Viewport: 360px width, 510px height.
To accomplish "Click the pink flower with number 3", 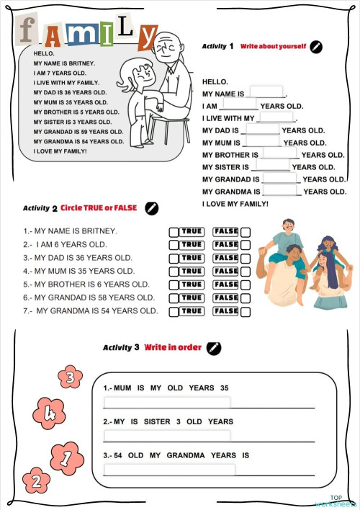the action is pos(70,376).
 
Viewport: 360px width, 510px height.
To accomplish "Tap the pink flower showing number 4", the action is pos(50,413).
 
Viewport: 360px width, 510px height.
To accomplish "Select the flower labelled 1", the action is pos(66,457).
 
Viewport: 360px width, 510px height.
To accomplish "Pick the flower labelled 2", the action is pos(36,480).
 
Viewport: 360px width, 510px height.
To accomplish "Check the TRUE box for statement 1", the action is pos(174,231).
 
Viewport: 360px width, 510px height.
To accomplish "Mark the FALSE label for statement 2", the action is pos(226,245).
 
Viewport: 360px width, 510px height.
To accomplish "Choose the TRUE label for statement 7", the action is pos(192,311).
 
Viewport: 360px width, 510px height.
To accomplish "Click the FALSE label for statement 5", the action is pos(226,285).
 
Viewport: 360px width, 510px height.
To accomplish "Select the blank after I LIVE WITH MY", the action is pos(275,117).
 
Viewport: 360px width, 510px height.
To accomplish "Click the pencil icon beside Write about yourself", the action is pos(316,47).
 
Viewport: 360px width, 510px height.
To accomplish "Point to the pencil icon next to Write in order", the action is pos(213,347).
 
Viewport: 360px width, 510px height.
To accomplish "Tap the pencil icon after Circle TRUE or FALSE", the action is pos(151,208).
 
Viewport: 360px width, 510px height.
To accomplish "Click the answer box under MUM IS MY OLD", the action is pos(167,402).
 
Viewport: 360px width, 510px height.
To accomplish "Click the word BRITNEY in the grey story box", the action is pos(81,63).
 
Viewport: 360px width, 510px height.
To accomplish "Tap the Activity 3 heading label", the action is pos(121,347).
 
